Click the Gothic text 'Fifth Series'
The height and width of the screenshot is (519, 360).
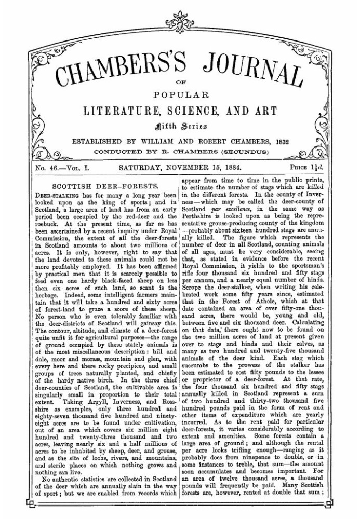[180, 126]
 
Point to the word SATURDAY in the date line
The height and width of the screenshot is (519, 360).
[140, 168]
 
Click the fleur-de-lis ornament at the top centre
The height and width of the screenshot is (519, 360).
[180, 18]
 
